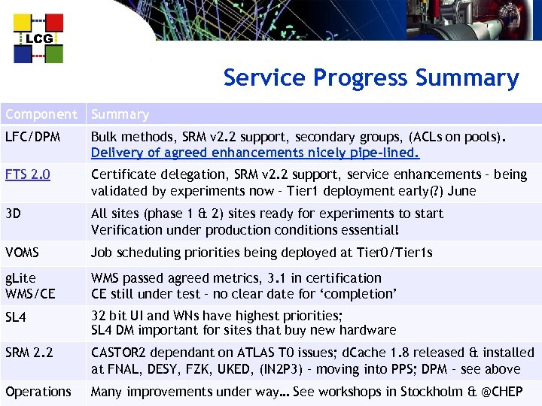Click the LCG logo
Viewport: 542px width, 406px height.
(38, 38)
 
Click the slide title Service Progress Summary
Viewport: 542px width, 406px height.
(370, 78)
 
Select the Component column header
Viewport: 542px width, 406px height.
(41, 114)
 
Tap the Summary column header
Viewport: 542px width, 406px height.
(120, 114)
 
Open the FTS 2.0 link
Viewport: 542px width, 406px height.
(27, 174)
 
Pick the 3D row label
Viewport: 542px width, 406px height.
(13, 214)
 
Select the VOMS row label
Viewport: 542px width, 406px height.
(22, 253)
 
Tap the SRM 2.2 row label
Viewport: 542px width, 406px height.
(29, 353)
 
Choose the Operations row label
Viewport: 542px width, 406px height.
(38, 391)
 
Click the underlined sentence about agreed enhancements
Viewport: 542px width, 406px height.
(255, 153)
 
